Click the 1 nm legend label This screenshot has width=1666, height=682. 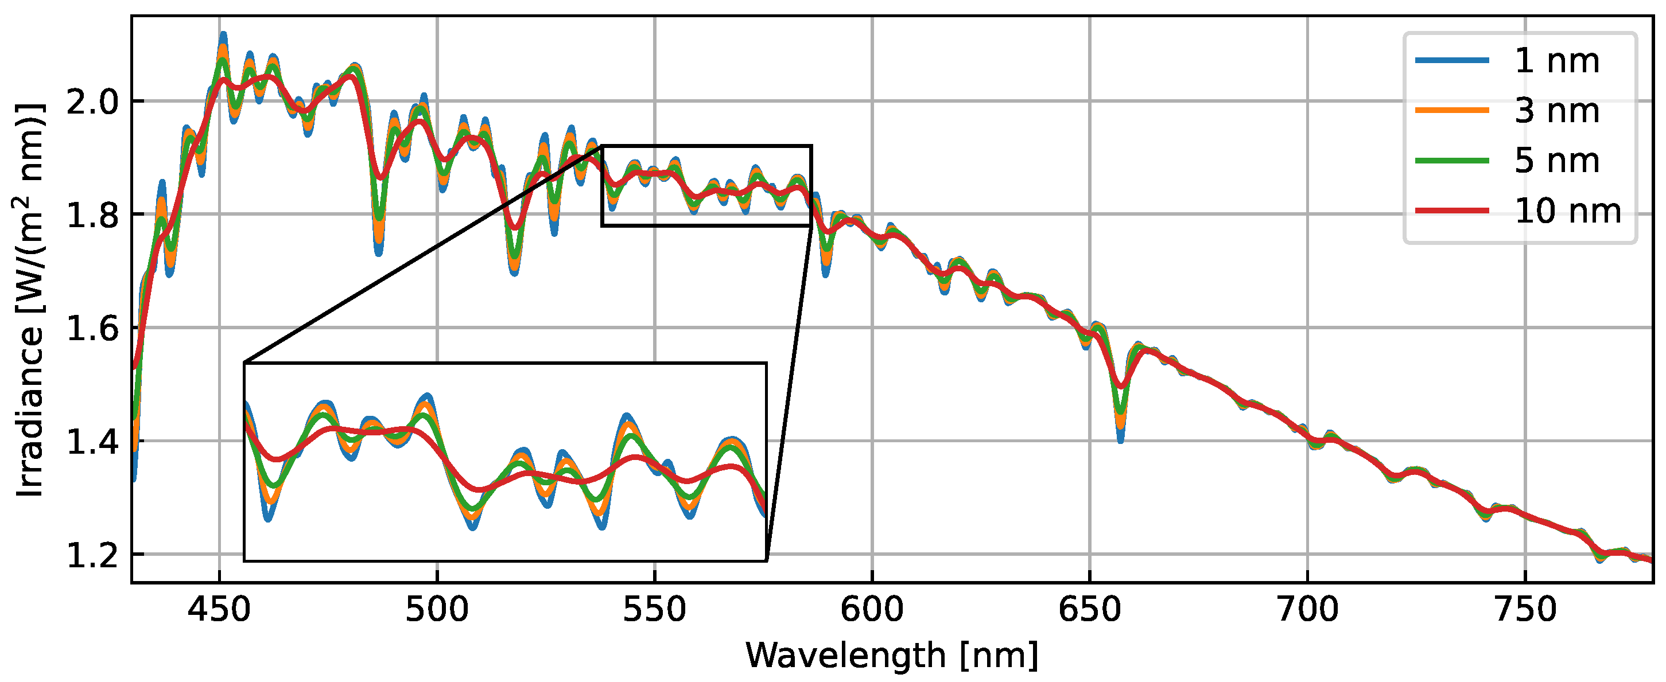(x=1557, y=61)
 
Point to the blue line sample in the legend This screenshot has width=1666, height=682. (x=1452, y=61)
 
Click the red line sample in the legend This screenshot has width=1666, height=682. (x=1452, y=211)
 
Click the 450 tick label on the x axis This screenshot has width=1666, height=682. (x=219, y=610)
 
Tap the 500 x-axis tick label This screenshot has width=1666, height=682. (x=437, y=610)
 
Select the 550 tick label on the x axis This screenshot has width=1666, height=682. (x=654, y=610)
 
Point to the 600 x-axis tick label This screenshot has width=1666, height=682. (x=872, y=610)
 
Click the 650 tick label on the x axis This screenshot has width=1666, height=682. (x=1090, y=610)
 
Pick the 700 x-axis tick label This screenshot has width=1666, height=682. (x=1307, y=610)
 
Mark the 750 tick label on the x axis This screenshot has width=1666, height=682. (x=1525, y=610)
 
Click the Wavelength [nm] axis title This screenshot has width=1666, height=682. (x=892, y=656)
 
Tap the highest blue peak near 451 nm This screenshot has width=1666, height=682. (x=223, y=35)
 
